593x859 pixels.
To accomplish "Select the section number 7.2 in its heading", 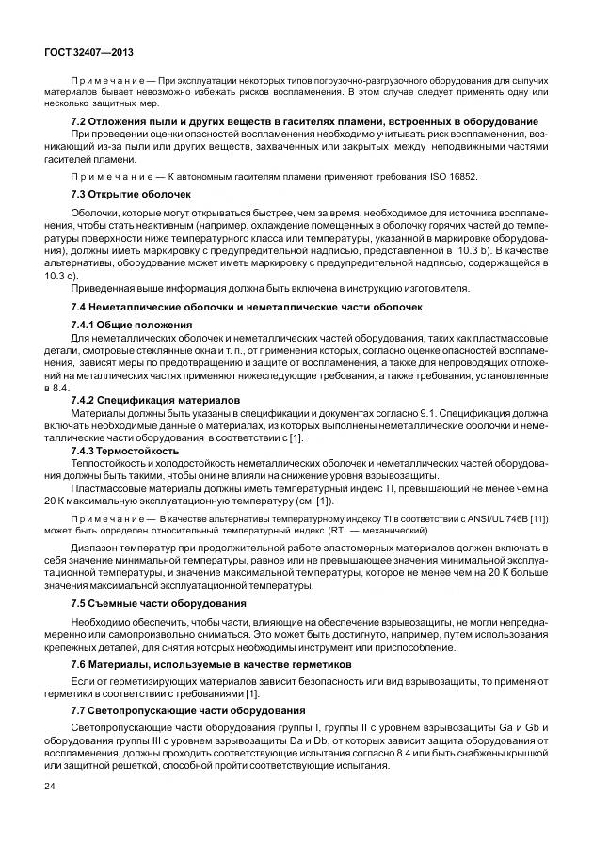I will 81,122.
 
